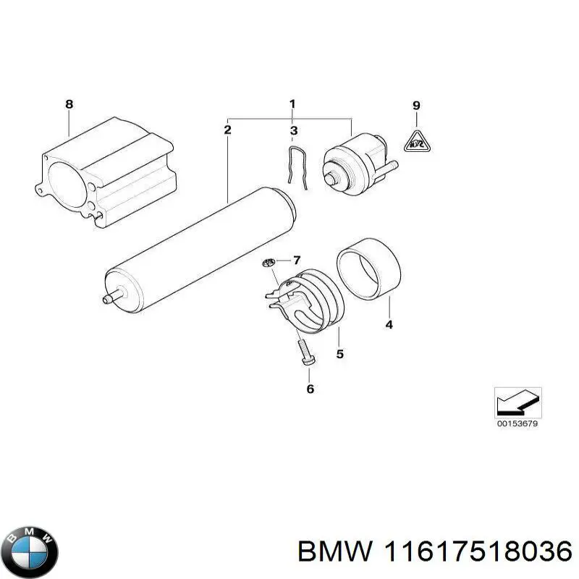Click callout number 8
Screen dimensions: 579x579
(x=69, y=104)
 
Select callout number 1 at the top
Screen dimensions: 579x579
(x=292, y=104)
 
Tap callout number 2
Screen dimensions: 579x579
(x=227, y=130)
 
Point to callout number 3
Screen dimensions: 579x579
(x=293, y=131)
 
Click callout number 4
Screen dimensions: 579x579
(x=389, y=325)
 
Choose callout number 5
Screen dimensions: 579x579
(x=339, y=354)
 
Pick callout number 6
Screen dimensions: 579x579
(x=310, y=389)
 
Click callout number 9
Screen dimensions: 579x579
(x=416, y=106)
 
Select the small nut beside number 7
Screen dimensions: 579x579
(x=268, y=262)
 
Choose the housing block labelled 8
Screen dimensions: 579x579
(x=105, y=174)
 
